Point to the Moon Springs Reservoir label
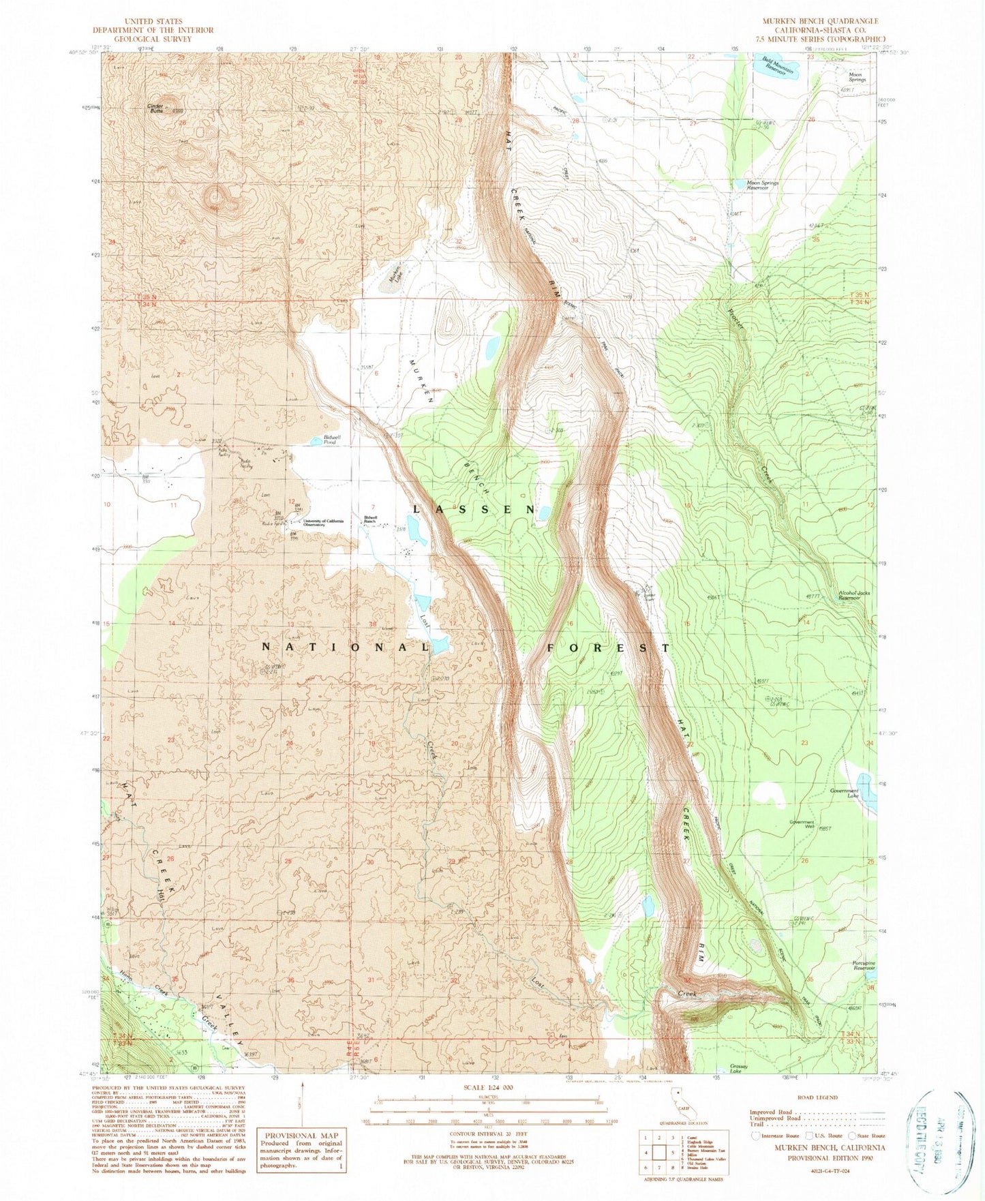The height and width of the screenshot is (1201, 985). pyautogui.click(x=763, y=185)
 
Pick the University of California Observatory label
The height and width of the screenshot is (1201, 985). pyautogui.click(x=324, y=522)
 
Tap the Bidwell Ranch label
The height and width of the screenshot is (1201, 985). pyautogui.click(x=372, y=518)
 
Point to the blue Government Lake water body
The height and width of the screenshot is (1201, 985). pyautogui.click(x=867, y=791)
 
